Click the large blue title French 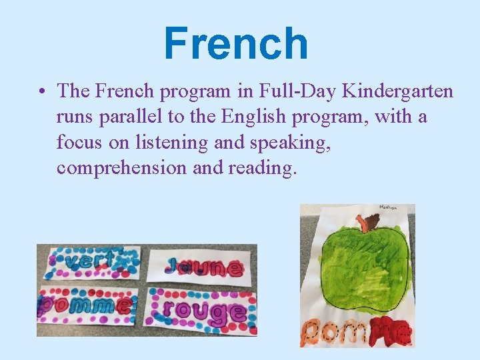(x=236, y=44)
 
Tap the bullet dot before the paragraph (x=41, y=91)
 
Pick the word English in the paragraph (x=255, y=117)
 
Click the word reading (x=260, y=168)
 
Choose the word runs (x=75, y=117)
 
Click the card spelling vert (x=91, y=262)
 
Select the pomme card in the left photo (x=87, y=305)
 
